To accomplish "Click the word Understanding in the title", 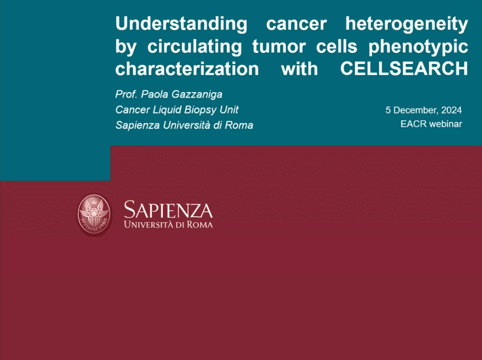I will (x=181, y=24).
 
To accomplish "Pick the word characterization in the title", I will (x=187, y=69).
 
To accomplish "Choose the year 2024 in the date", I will (x=451, y=110).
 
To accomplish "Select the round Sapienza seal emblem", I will (x=94, y=213).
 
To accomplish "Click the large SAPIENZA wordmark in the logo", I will (x=168, y=210).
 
